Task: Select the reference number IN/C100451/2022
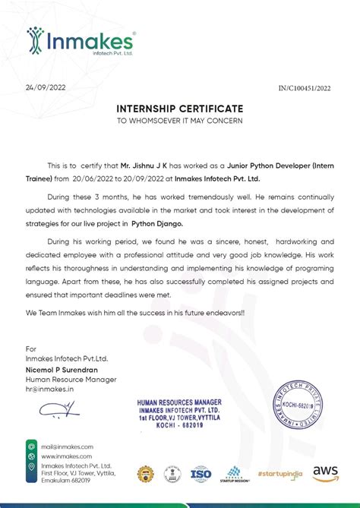305,89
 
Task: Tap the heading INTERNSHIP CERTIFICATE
179,109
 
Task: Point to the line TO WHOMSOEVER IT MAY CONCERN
179,120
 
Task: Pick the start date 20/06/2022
95,179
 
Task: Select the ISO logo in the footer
201,474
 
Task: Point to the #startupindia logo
279,474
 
